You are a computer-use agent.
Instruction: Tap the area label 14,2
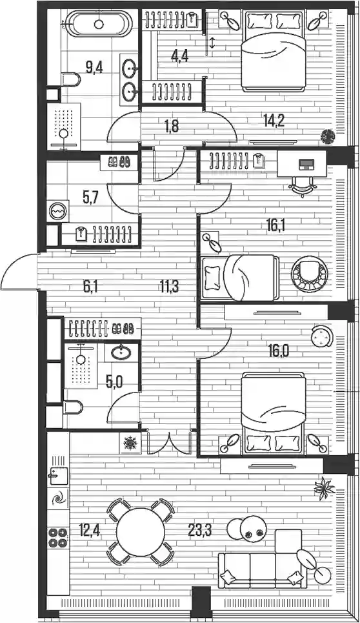coord(274,120)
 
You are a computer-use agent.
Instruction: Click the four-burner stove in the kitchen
coord(57,538)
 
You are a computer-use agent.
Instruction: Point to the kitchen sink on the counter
coord(57,473)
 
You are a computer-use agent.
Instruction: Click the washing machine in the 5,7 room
coord(57,211)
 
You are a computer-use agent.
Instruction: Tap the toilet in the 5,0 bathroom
coord(72,407)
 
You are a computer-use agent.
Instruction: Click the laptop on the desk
coord(306,164)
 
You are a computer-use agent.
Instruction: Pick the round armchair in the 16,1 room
coord(310,274)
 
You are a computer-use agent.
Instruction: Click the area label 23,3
coord(199,530)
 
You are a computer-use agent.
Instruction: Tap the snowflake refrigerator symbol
coord(130,442)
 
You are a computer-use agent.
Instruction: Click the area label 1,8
coord(172,127)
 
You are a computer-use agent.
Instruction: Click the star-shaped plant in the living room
coord(325,487)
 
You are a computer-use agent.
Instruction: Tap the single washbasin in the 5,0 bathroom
coord(121,352)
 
